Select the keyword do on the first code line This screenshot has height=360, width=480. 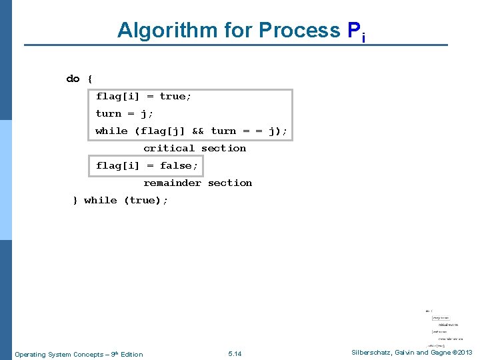click(73, 79)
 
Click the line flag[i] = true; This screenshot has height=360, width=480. click(143, 97)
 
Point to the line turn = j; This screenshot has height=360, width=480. click(124, 114)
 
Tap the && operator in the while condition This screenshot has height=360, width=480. click(197, 131)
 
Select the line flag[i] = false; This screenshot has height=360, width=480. click(147, 166)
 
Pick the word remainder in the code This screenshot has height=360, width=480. click(172, 183)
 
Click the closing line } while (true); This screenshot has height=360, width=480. click(120, 201)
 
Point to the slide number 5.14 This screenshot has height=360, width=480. click(235, 354)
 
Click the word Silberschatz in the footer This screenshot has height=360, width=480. click(370, 353)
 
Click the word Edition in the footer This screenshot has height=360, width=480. click(131, 354)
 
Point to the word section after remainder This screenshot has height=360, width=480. click(230, 183)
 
